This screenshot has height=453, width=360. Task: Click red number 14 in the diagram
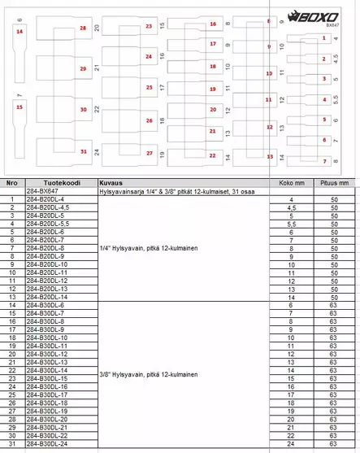point(19,32)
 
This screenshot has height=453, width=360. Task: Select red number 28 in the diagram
point(83,28)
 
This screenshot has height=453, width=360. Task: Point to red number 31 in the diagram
point(84,151)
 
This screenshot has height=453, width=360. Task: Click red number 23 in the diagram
point(149,27)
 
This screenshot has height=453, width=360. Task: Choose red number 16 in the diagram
point(213,24)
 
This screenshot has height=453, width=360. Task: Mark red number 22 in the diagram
point(212,155)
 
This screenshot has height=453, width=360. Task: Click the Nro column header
point(11,184)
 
